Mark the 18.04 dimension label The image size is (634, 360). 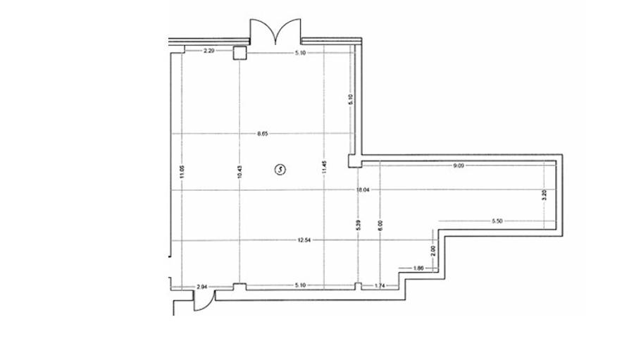click(363, 190)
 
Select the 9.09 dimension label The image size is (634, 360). click(459, 166)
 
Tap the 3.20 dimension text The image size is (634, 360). click(543, 196)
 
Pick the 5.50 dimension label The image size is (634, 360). click(497, 221)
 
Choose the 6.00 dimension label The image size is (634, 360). click(380, 225)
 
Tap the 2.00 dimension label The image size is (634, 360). click(433, 249)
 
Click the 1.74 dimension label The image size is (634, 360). click(380, 286)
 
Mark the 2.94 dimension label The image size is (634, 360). click(202, 287)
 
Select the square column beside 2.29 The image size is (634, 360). click(240, 52)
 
